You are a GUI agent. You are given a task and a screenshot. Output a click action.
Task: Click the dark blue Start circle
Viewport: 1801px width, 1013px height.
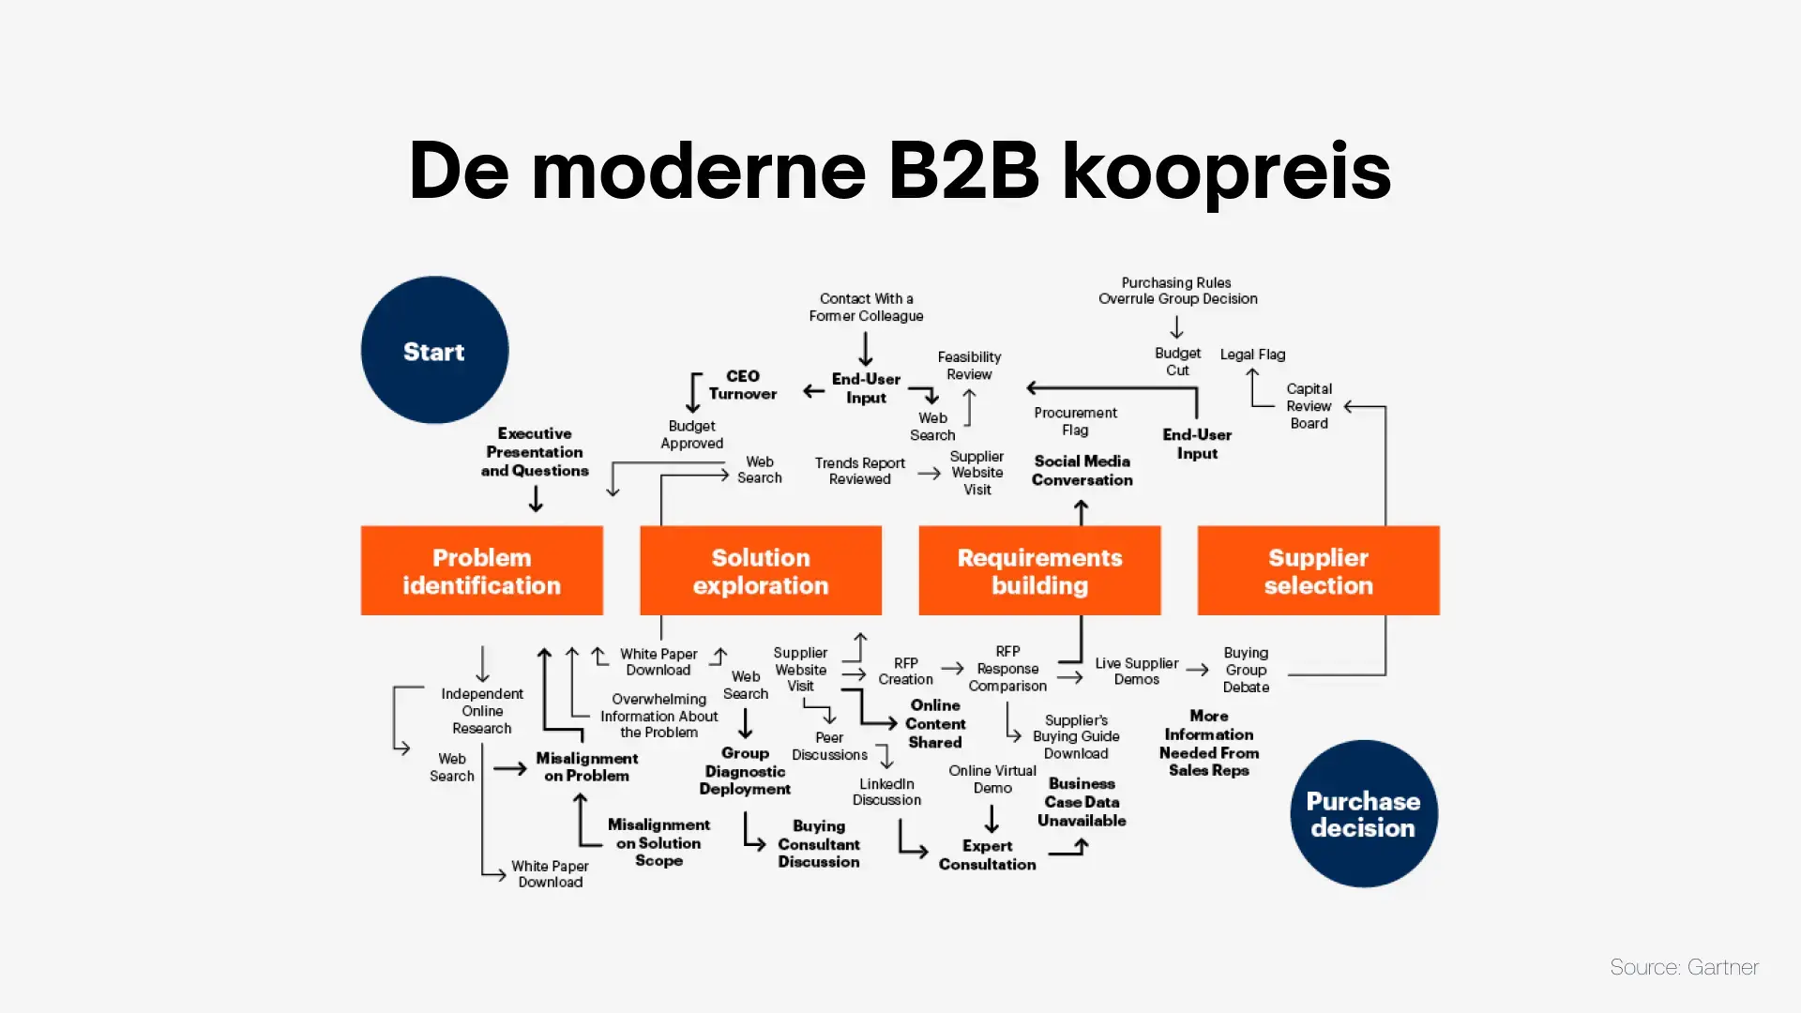coord(434,350)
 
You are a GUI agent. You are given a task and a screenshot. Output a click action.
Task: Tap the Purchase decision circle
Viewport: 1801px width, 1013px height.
coord(1363,813)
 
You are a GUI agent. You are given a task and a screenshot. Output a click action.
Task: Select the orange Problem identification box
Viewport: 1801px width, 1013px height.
coord(481,570)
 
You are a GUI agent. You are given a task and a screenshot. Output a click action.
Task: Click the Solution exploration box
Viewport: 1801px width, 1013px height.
coord(760,570)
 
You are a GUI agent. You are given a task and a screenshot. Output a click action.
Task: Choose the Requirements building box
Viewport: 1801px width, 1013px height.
coord(1039,570)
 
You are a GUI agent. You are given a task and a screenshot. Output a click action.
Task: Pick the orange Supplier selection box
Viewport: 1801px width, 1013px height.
coord(1318,570)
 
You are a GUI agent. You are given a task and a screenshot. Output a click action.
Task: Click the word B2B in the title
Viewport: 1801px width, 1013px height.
coord(963,172)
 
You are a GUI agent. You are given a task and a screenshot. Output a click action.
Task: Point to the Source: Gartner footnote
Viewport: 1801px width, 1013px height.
coord(1684,967)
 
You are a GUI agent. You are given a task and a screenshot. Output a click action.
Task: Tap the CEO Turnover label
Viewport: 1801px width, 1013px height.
coord(742,385)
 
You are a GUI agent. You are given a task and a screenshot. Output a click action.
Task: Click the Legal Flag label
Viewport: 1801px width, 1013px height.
coord(1252,355)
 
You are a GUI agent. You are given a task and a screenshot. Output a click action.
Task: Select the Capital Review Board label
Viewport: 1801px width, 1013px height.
coord(1309,406)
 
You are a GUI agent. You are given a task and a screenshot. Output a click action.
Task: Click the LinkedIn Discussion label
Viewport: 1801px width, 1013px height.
coord(886,792)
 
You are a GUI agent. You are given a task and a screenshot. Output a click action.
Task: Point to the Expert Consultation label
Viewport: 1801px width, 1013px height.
coord(987,854)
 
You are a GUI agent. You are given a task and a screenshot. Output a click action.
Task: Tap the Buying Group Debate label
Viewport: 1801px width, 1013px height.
coord(1246,670)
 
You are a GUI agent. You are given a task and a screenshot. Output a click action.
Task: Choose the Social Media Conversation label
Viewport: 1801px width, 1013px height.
coord(1082,470)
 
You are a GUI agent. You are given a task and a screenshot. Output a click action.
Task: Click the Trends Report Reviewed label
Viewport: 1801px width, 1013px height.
coord(859,471)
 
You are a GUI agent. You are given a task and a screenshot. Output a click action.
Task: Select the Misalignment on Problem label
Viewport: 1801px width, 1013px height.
coord(586,766)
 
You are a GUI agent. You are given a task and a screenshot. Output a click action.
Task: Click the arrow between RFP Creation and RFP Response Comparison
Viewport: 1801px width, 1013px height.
coord(952,669)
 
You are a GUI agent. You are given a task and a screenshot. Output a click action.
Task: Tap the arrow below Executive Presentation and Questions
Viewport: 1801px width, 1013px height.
coord(536,499)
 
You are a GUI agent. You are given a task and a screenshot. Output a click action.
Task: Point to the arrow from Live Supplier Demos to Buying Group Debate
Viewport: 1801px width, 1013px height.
coord(1197,670)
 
